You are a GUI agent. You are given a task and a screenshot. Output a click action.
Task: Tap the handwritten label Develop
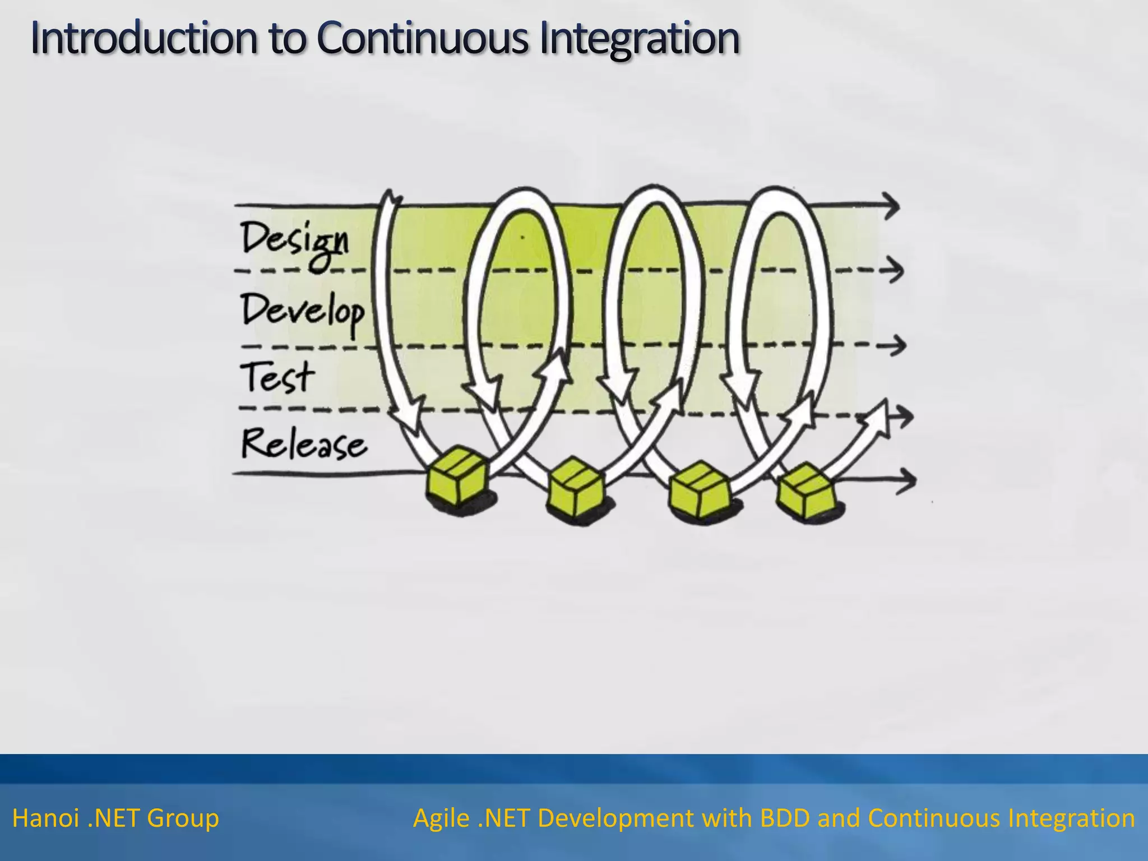click(x=303, y=312)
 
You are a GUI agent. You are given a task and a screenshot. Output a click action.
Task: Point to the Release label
click(x=304, y=444)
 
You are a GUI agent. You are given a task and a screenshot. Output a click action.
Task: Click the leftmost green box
click(x=456, y=477)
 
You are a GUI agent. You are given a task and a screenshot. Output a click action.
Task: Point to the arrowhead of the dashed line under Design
click(x=894, y=270)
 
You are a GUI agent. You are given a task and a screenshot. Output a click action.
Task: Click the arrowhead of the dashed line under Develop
click(x=897, y=345)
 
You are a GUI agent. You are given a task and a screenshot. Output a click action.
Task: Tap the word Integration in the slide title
click(x=639, y=39)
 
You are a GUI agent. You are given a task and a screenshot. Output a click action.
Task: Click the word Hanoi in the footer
click(x=45, y=819)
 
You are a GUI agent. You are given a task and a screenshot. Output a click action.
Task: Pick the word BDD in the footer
click(x=784, y=819)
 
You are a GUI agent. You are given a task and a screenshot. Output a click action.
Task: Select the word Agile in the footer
click(x=441, y=819)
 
